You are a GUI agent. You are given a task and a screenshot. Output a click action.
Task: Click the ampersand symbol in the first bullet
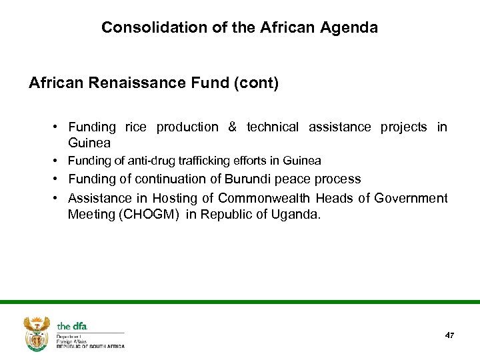pos(232,127)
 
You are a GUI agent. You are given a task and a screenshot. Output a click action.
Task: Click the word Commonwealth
pos(264,199)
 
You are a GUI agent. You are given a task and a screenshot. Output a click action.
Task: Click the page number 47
pos(449,335)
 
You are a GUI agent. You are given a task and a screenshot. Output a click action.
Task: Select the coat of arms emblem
pos(37,333)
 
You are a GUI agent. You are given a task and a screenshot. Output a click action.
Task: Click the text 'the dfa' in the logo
pos(72,326)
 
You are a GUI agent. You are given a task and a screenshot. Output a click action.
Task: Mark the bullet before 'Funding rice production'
pos(59,127)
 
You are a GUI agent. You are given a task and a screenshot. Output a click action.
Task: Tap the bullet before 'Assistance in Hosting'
pos(59,199)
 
